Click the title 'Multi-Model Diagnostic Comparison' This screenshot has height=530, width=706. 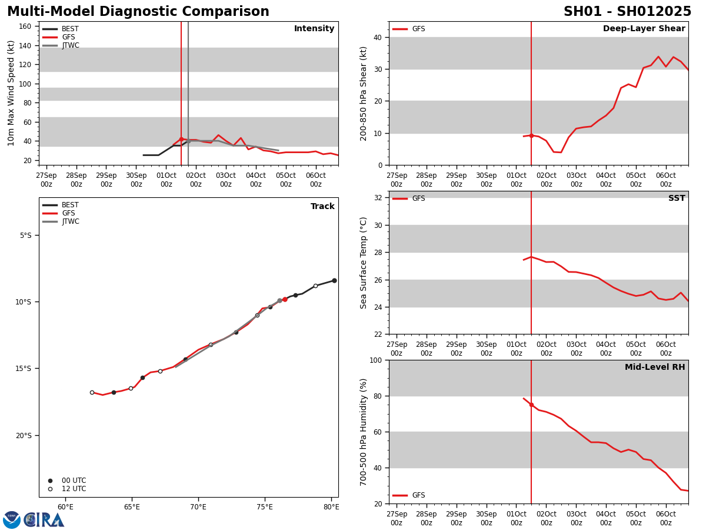pyautogui.click(x=138, y=12)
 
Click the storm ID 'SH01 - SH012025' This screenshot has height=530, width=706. pyautogui.click(x=627, y=12)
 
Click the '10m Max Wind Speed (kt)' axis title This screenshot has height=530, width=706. pyautogui.click(x=11, y=93)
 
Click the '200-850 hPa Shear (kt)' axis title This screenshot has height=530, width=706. pyautogui.click(x=364, y=93)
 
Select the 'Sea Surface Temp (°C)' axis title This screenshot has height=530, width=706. pyautogui.click(x=364, y=263)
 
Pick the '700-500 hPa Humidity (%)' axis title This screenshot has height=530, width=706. pyautogui.click(x=364, y=432)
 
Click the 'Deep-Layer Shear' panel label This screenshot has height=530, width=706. pyautogui.click(x=644, y=29)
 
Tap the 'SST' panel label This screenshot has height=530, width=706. pyautogui.click(x=676, y=198)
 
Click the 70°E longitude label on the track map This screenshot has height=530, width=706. pyautogui.click(x=198, y=507)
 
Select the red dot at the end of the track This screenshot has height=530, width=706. pyautogui.click(x=285, y=299)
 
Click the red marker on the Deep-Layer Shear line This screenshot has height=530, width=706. pyautogui.click(x=531, y=135)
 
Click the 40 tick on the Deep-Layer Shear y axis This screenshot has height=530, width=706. pyautogui.click(x=377, y=37)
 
